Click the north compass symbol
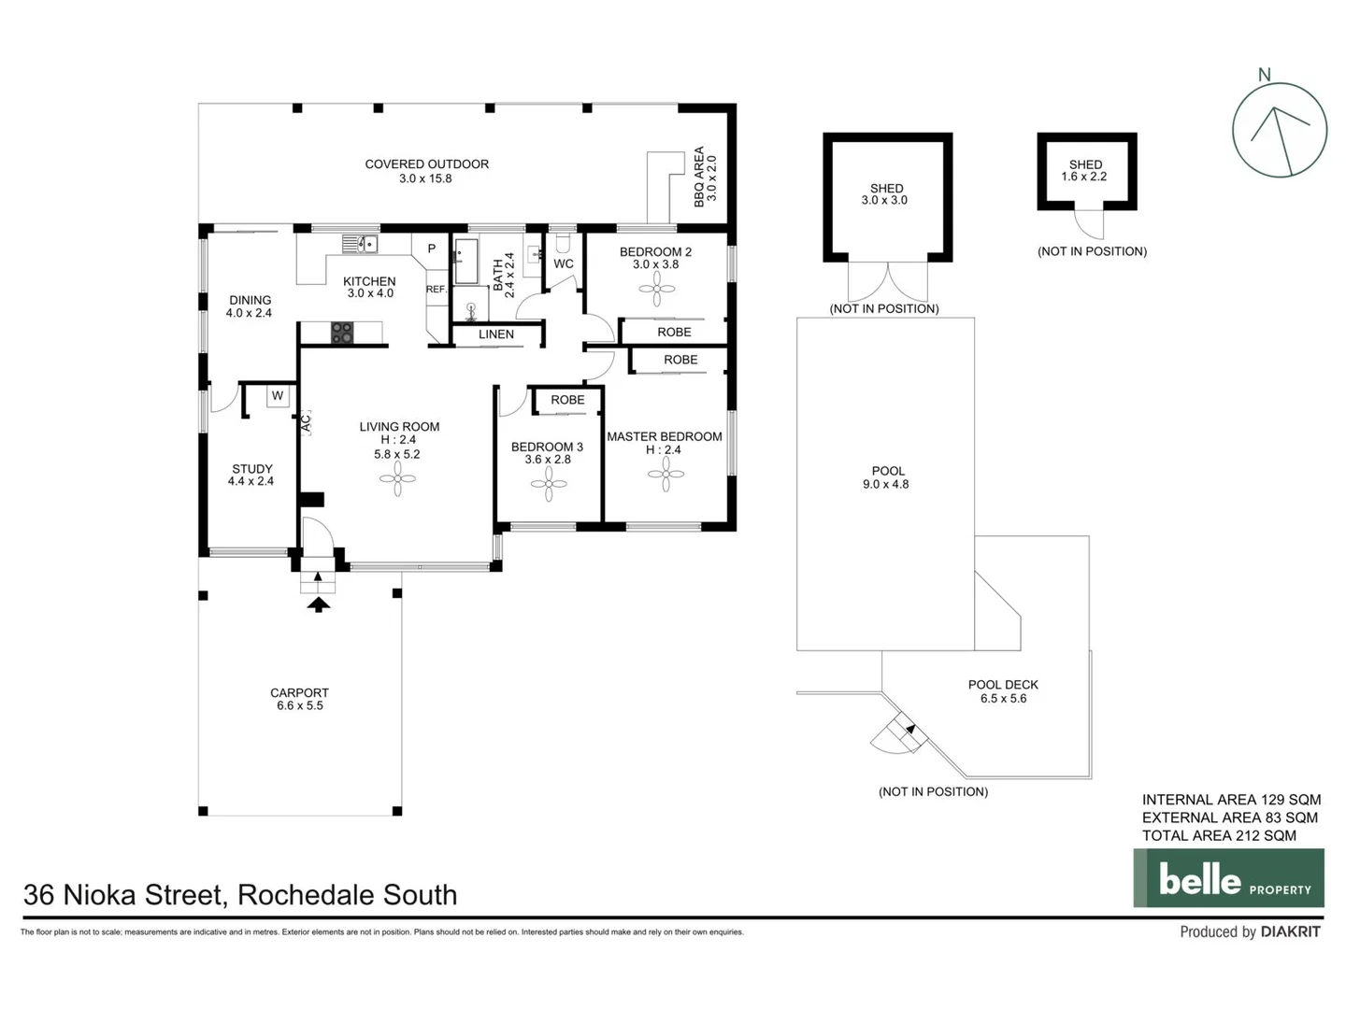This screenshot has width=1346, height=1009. (1279, 130)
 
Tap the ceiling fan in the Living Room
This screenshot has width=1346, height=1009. (397, 483)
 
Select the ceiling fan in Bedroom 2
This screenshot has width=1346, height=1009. (656, 289)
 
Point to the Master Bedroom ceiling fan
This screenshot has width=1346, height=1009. (666, 475)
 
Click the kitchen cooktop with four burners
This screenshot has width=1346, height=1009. (342, 333)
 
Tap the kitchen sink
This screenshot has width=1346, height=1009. (360, 245)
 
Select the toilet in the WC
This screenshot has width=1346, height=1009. (563, 243)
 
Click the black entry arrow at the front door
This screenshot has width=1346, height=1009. (319, 604)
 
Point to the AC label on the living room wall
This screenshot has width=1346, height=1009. (305, 423)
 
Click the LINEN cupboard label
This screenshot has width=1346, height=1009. (496, 334)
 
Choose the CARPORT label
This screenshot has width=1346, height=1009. (299, 693)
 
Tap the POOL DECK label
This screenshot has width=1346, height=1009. (1003, 685)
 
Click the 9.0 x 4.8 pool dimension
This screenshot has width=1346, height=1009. (885, 484)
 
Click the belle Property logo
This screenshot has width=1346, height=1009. (1228, 878)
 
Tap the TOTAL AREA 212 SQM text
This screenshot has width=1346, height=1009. (1218, 836)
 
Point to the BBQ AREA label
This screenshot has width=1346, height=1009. (699, 177)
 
